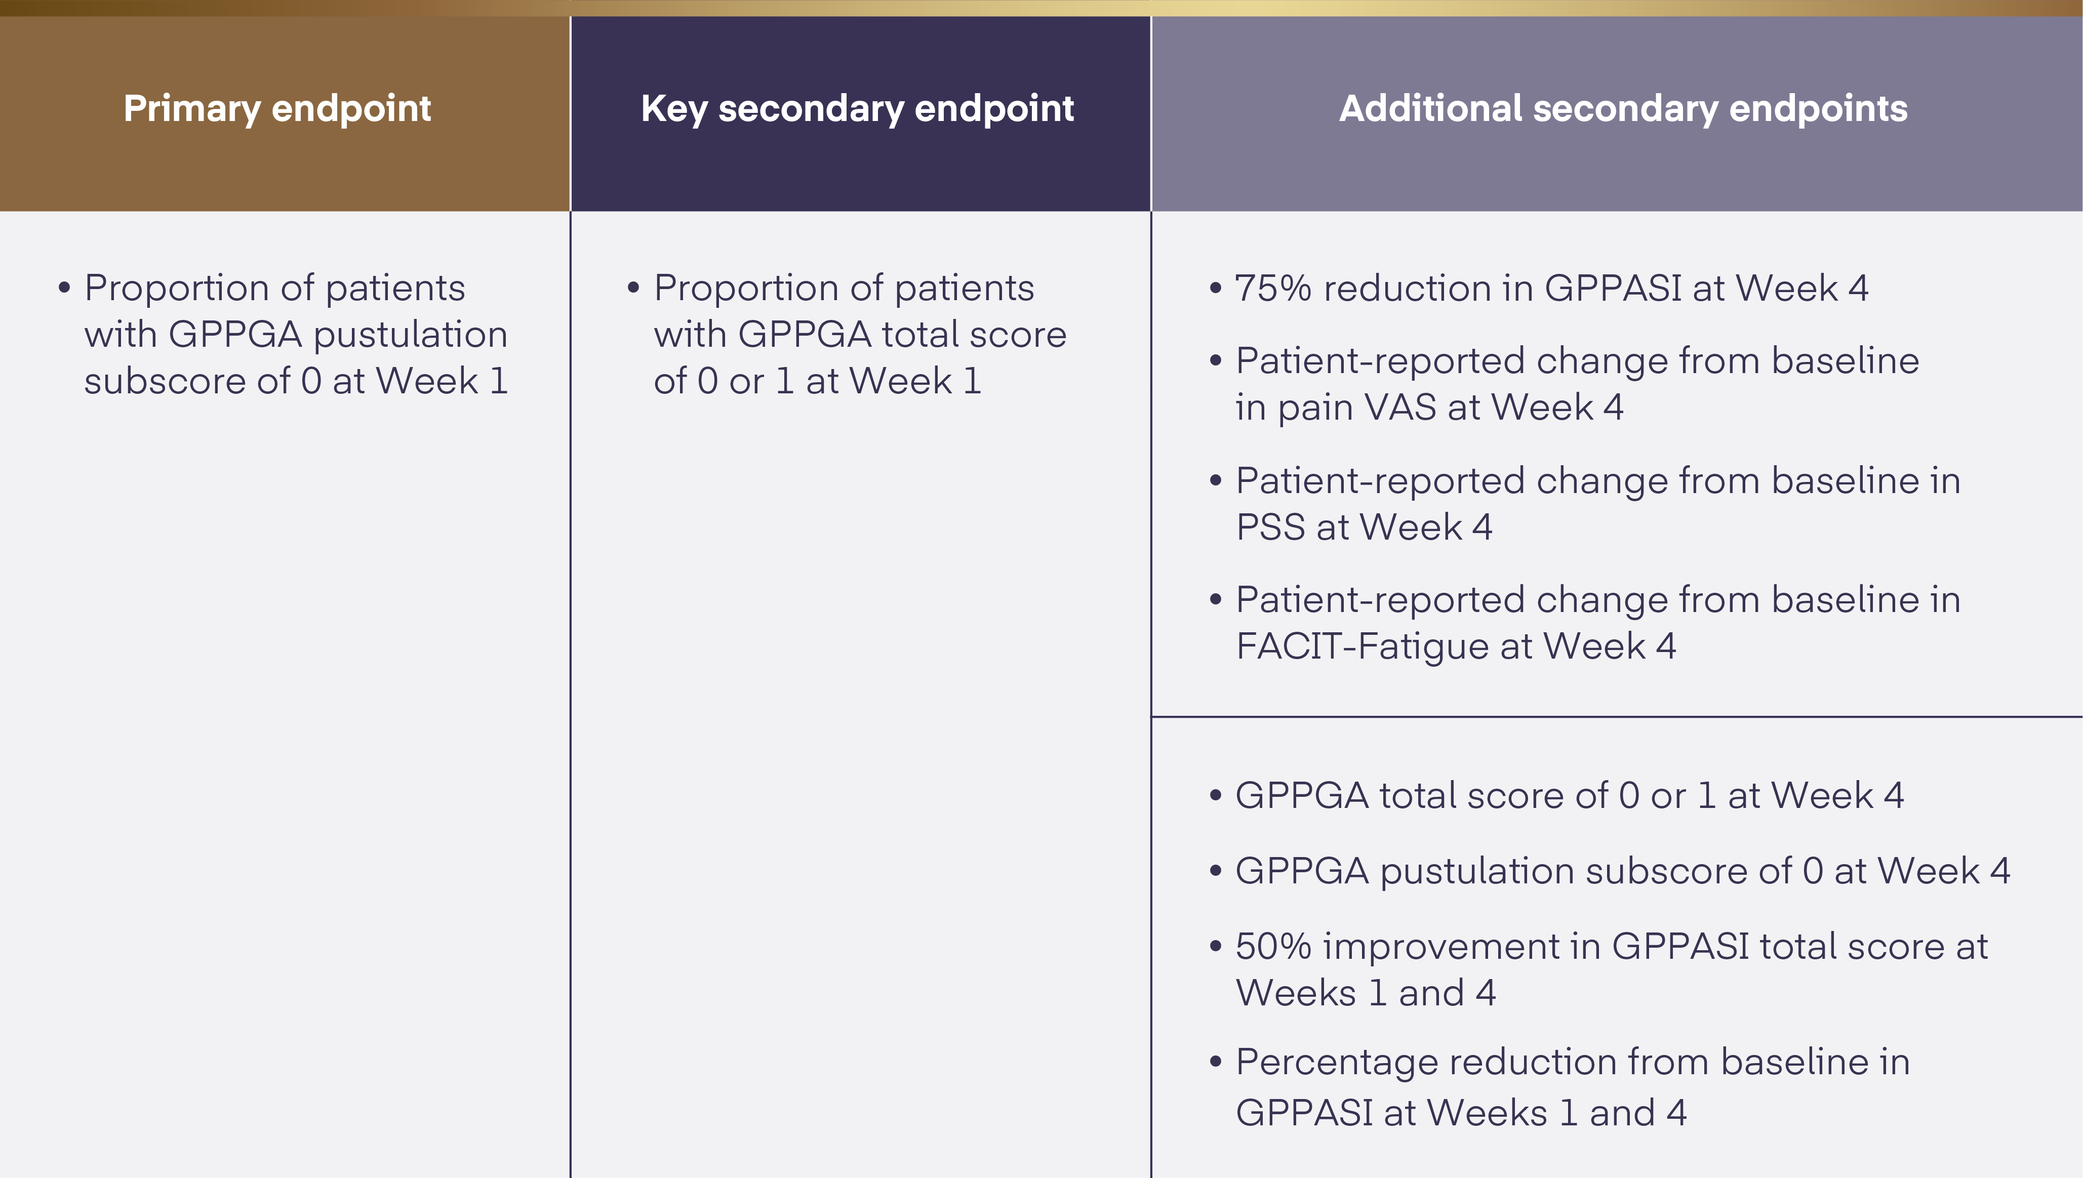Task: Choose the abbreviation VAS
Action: (1400, 407)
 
